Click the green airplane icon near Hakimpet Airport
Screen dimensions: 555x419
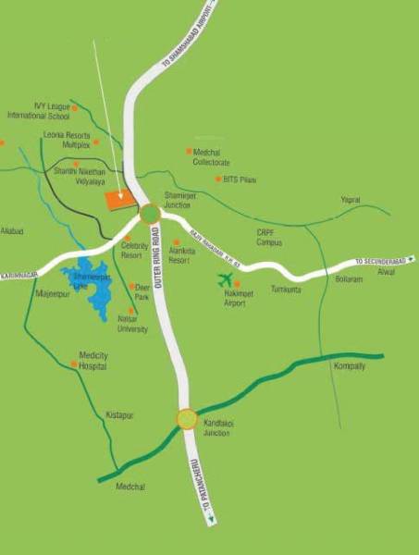click(224, 279)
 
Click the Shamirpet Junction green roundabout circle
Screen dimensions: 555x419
click(151, 214)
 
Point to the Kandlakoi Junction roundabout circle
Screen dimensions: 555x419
click(187, 420)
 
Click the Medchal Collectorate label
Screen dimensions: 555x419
click(211, 156)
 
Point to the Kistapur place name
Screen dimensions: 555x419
click(120, 415)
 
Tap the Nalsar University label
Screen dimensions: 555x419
click(132, 324)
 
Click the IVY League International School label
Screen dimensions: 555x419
click(38, 111)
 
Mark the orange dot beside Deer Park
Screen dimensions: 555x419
click(131, 287)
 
